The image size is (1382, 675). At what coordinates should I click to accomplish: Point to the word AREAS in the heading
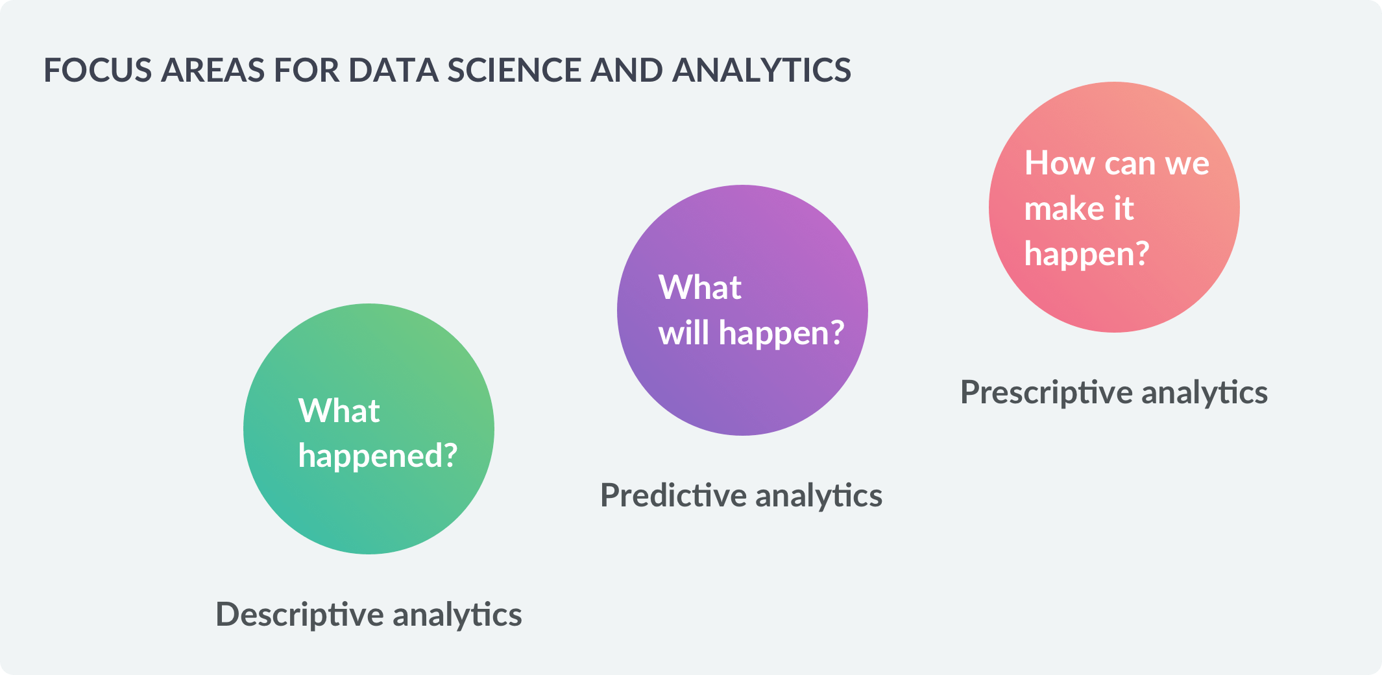point(213,70)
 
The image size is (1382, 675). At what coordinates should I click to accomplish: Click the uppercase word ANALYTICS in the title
point(762,70)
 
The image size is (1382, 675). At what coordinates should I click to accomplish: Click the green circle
point(369,429)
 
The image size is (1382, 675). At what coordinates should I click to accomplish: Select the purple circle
point(742,310)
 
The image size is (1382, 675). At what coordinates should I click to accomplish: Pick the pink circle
point(1114,207)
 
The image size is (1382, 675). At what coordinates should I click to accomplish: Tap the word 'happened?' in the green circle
point(378,456)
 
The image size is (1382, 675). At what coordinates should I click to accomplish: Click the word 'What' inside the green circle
point(339,410)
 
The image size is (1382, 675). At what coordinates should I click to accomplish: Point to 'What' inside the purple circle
point(699,287)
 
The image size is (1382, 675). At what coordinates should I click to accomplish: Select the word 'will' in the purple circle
point(684,333)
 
